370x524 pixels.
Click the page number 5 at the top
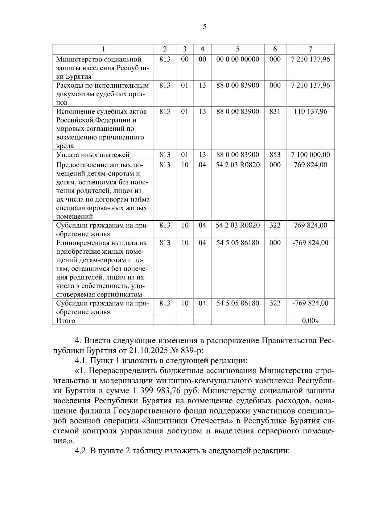click(x=205, y=27)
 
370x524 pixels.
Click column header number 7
click(x=310, y=49)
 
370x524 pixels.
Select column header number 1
click(x=103, y=49)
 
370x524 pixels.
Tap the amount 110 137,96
click(x=310, y=111)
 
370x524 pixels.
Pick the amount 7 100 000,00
click(x=310, y=155)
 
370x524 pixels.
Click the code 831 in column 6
click(x=275, y=111)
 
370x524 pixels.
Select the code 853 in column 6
click(x=275, y=155)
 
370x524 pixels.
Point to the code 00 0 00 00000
click(x=237, y=59)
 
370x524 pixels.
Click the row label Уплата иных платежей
click(x=93, y=155)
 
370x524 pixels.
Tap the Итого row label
click(x=66, y=321)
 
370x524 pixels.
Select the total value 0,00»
click(x=310, y=321)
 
